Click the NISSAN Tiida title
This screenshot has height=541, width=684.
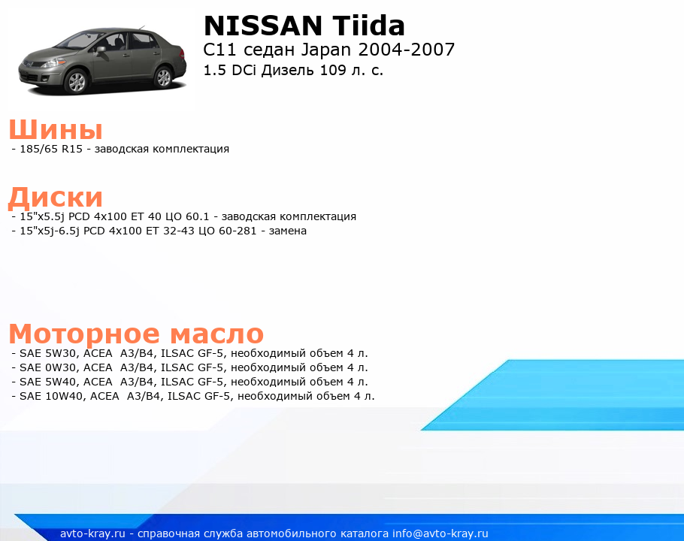pos(304,26)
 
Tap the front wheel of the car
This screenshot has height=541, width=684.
pos(77,81)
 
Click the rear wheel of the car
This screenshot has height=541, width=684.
pos(164,77)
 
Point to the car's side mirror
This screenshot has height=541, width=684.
pos(101,50)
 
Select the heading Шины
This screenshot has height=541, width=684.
pos(56,129)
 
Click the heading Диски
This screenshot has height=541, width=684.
pos(56,197)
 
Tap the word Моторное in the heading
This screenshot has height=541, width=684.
pos(85,334)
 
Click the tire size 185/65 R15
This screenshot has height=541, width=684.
pos(51,149)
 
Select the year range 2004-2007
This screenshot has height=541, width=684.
pos(406,50)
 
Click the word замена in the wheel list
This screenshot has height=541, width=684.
pos(287,231)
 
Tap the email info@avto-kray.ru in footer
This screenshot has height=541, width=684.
pos(440,533)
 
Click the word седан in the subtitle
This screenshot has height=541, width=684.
pos(269,50)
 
